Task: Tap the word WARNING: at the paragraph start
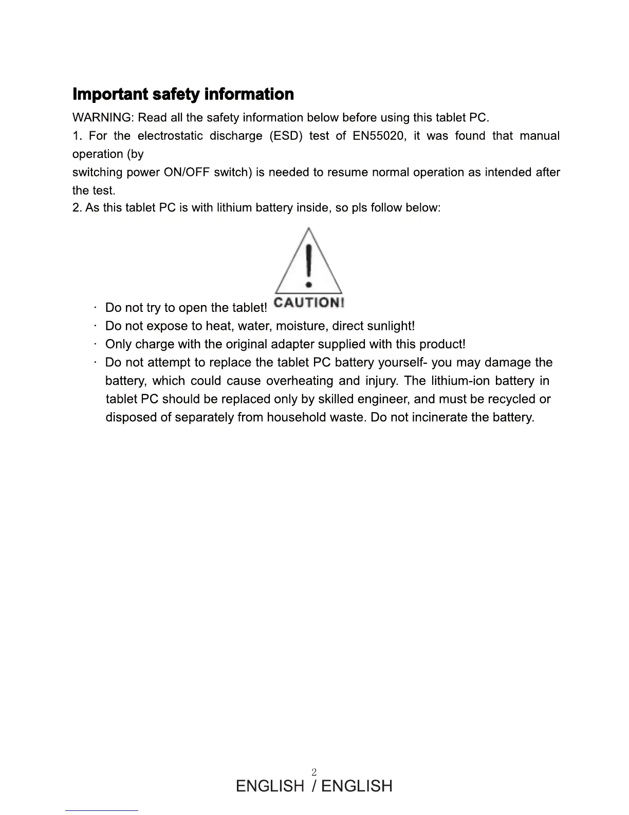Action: [103, 118]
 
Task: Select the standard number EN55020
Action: [379, 136]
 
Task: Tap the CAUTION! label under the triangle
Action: [308, 302]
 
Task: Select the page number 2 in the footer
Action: [314, 772]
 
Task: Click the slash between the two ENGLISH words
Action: [314, 786]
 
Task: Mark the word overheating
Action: [300, 381]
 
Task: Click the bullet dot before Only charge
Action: [96, 344]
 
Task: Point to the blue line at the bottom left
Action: [102, 810]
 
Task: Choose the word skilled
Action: [336, 399]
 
